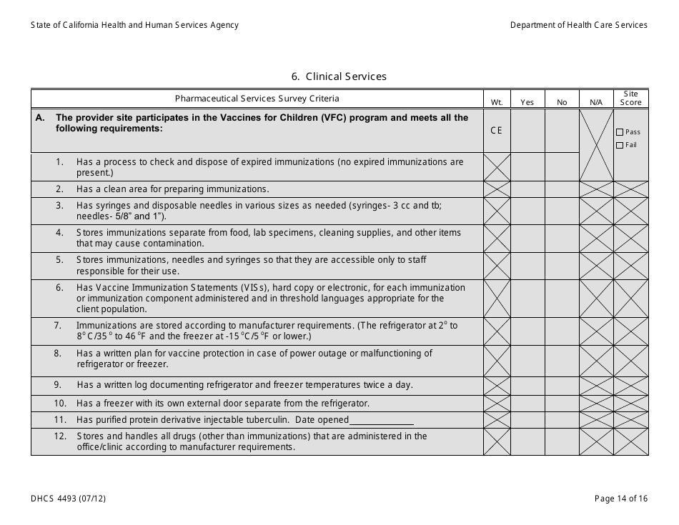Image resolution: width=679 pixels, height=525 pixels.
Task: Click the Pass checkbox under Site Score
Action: (x=620, y=132)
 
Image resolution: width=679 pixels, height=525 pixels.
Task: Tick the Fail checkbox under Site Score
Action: (x=620, y=146)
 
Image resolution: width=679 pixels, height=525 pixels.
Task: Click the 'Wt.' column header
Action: (x=497, y=103)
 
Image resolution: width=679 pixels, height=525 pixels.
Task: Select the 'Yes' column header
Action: (x=527, y=103)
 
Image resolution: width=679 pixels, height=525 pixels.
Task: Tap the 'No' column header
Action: (x=562, y=103)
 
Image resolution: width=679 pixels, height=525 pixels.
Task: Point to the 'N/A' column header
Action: (x=596, y=103)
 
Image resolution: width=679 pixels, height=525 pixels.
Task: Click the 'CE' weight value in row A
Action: (x=497, y=131)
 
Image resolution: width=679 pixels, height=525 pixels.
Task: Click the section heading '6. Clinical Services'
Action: (x=339, y=76)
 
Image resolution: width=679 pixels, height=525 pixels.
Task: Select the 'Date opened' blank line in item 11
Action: (x=382, y=420)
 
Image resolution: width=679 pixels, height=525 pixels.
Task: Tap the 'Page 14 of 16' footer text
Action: (x=621, y=499)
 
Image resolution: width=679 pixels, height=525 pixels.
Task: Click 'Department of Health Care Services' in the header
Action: (x=578, y=25)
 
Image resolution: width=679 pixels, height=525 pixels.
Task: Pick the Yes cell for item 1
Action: (x=527, y=167)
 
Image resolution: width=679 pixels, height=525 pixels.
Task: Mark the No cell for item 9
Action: (x=562, y=386)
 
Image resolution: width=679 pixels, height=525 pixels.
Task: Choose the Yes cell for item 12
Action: (x=527, y=441)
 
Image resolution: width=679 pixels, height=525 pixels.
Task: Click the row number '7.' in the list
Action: (x=59, y=326)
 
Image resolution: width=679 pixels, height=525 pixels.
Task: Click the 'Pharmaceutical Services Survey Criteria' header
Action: (x=257, y=99)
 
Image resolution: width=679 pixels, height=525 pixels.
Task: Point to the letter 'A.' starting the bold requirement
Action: (x=41, y=119)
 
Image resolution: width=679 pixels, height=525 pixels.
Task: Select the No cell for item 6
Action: (x=562, y=299)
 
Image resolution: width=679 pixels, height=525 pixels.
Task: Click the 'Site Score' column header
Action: (x=631, y=99)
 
